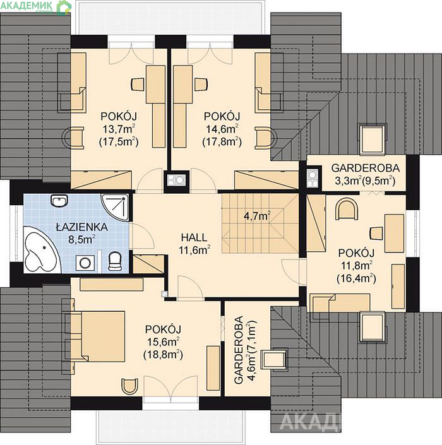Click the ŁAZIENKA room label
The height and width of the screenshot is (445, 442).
pyautogui.click(x=81, y=227)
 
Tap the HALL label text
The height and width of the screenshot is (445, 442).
pyautogui.click(x=194, y=237)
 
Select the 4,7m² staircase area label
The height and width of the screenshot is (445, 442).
pyautogui.click(x=257, y=216)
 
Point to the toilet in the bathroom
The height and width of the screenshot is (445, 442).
pyautogui.click(x=115, y=261)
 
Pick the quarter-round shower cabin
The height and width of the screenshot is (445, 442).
pyautogui.click(x=115, y=207)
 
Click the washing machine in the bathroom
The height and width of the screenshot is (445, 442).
pyautogui.click(x=85, y=263)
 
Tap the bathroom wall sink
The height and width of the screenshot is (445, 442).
pyautogui.click(x=59, y=201)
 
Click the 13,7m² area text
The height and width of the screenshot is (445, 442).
pyautogui.click(x=119, y=129)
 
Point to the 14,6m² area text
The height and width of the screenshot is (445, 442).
pyautogui.click(x=222, y=129)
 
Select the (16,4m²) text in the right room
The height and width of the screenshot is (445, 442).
pyautogui.click(x=356, y=278)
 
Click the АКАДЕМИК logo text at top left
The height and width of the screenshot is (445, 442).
pyautogui.click(x=27, y=6)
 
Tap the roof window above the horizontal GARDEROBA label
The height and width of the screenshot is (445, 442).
pyautogui.click(x=373, y=139)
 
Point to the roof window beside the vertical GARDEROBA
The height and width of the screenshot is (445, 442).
pyautogui.click(x=274, y=359)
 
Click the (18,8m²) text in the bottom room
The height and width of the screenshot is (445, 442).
pyautogui.click(x=163, y=355)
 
